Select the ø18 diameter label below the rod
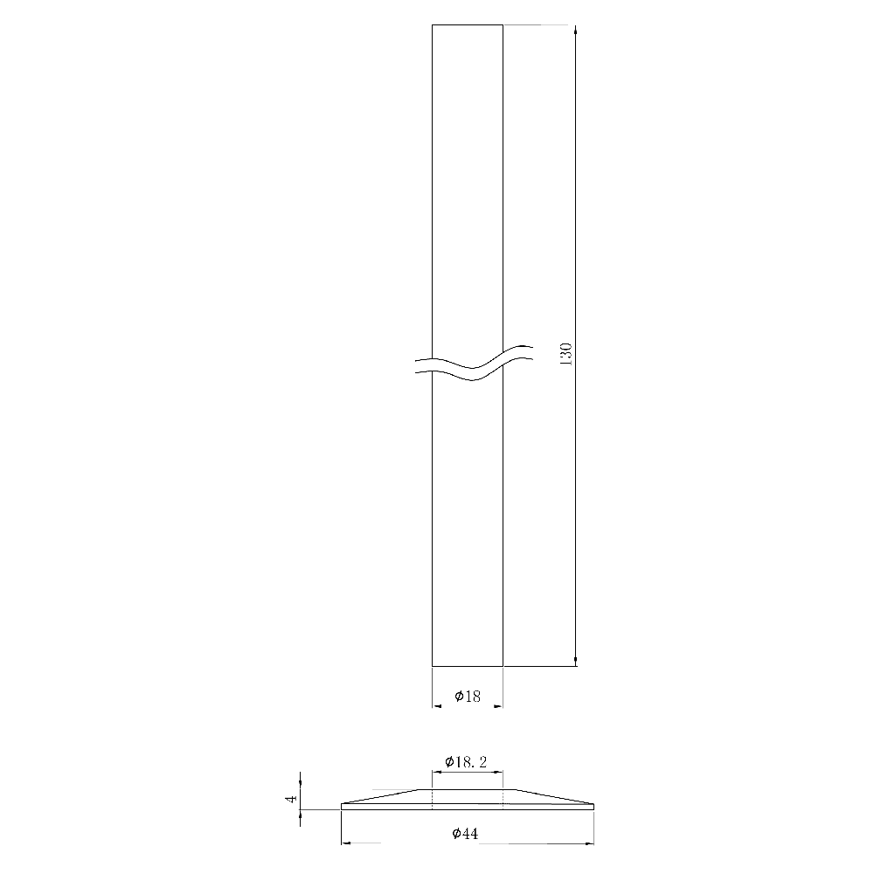coord(468,697)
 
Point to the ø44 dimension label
coord(466,835)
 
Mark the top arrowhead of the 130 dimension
coord(576,31)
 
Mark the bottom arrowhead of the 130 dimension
coord(576,661)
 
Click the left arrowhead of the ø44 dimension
coord(345,843)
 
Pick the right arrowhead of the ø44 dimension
coord(589,843)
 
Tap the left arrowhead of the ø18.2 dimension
coord(436,772)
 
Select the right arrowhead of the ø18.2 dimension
coord(498,772)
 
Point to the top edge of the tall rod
coord(468,25)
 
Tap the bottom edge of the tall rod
coord(468,666)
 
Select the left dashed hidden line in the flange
coord(433,798)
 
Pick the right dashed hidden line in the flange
coord(503,798)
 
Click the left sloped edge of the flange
coord(385,796)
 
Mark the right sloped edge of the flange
coord(552,796)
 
